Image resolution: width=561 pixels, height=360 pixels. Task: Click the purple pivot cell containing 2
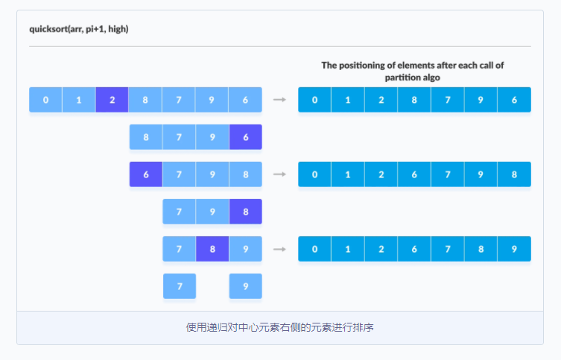tap(112, 100)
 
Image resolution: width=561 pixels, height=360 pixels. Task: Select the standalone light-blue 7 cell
tap(180, 286)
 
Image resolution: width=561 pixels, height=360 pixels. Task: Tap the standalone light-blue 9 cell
tap(245, 286)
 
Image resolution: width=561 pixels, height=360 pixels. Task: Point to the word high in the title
tap(117, 29)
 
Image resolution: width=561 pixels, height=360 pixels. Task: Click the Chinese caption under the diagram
tap(280, 327)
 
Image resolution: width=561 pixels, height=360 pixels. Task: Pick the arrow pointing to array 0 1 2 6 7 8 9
tap(280, 249)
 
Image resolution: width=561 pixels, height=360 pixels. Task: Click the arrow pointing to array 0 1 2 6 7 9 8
tap(280, 174)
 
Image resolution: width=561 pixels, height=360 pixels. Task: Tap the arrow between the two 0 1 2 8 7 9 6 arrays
tap(280, 99)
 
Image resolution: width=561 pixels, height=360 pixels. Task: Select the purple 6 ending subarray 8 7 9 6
tap(245, 137)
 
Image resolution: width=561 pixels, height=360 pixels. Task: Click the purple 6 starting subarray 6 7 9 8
tap(146, 174)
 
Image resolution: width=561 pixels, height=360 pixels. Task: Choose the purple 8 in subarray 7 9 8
tap(245, 212)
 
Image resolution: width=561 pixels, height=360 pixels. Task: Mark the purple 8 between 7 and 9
tap(212, 249)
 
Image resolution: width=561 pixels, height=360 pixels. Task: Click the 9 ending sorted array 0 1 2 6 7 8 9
tap(514, 249)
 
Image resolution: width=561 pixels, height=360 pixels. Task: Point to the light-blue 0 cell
tap(45, 100)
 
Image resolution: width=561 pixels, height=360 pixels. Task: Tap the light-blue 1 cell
tap(79, 100)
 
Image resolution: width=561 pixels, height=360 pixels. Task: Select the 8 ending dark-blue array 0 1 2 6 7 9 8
tap(514, 174)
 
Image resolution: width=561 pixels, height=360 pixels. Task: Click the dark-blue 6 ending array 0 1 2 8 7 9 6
tap(514, 100)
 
